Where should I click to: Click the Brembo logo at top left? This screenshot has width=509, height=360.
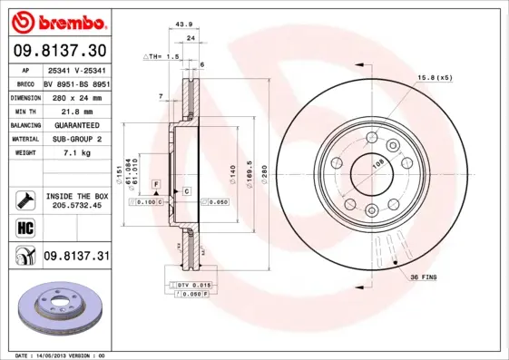click(x=56, y=21)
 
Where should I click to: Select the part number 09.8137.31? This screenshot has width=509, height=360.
click(x=75, y=257)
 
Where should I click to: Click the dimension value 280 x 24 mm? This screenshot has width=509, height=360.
click(x=75, y=96)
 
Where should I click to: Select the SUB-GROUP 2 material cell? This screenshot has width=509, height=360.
click(x=75, y=139)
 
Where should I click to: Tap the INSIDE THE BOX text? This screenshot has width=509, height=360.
click(x=76, y=196)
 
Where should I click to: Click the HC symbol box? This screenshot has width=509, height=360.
click(x=24, y=228)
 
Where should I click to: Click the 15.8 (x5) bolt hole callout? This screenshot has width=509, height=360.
click(x=434, y=77)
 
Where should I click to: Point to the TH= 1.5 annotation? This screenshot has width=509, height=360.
click(x=163, y=56)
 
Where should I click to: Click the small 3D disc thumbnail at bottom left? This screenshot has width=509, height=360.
click(x=57, y=309)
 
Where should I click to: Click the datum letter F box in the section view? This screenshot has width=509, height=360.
click(x=156, y=184)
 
